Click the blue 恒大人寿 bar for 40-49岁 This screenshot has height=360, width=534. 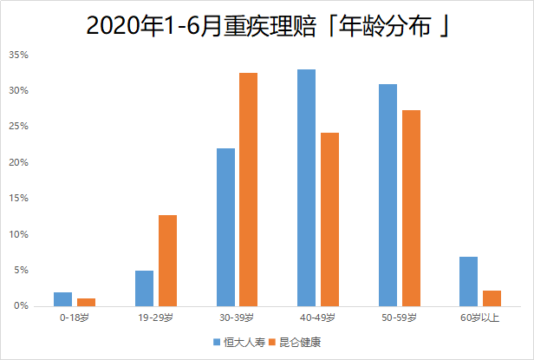tap(307, 187)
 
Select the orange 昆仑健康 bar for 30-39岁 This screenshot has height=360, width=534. tap(248, 189)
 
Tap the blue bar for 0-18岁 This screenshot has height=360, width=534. tap(63, 299)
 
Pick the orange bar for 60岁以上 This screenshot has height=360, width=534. tap(492, 298)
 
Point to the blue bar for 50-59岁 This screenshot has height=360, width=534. tap(387, 195)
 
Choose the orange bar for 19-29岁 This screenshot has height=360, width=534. tap(167, 260)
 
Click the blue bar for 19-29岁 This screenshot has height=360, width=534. tap(144, 288)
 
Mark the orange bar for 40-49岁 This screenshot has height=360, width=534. tap(329, 219)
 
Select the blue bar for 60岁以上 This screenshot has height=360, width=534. tap(469, 281)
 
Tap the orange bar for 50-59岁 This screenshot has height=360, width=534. tap(411, 208)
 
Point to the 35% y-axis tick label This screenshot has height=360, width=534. tap(19, 55)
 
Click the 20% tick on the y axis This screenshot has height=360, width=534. tap(19, 162)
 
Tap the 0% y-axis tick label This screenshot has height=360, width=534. tap(22, 306)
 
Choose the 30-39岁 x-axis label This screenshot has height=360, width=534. tap(237, 318)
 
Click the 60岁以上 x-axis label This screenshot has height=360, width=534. tap(480, 318)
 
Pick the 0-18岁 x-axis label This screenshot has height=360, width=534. tap(75, 318)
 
